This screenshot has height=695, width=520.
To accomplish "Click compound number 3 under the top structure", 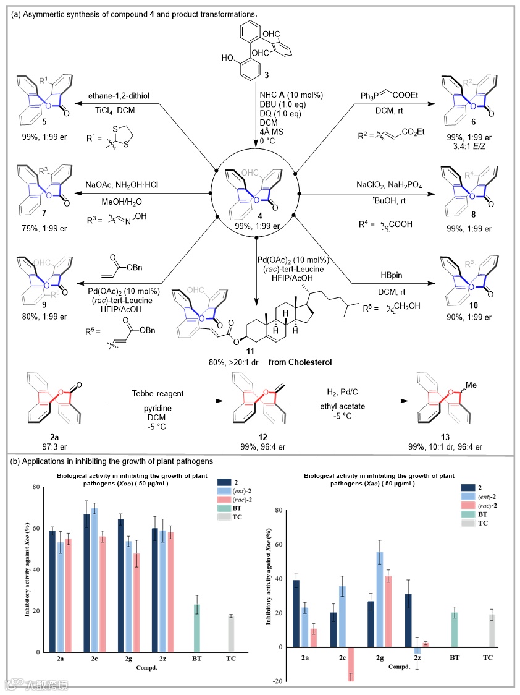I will [x=250, y=75].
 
